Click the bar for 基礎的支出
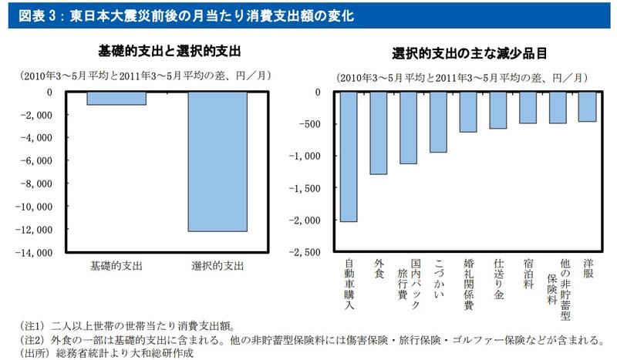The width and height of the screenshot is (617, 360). coord(116,98)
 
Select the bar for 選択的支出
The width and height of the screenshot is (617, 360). coord(217,161)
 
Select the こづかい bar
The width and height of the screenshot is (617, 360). coord(438,122)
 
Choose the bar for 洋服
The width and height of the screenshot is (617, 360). coord(588,106)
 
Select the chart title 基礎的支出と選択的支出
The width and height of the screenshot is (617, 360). coord(170,51)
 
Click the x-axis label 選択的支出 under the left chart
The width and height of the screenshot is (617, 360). coord(217,266)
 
